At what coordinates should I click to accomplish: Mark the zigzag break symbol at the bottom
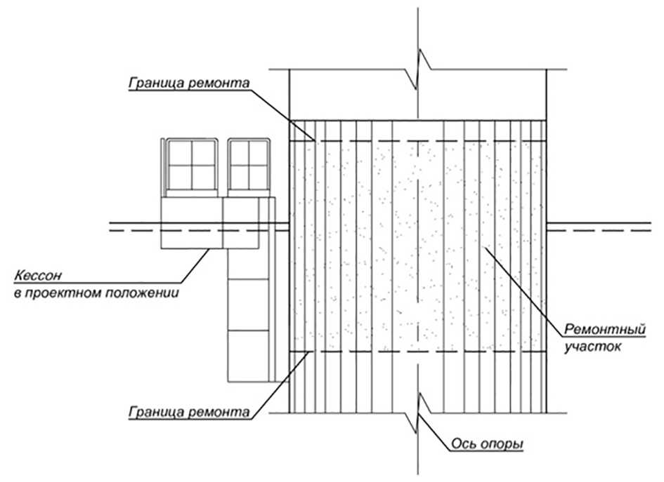(419, 412)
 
